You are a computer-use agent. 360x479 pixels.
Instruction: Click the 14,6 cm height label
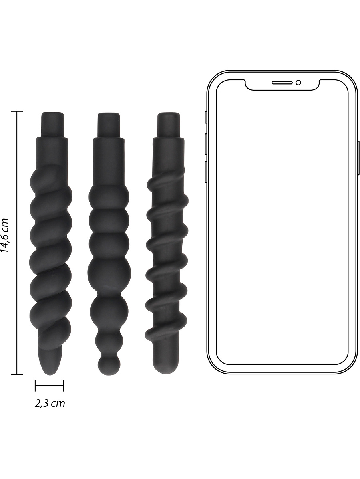5,235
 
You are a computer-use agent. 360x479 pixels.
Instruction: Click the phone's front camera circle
298,83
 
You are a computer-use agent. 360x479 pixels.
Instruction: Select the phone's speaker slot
282,83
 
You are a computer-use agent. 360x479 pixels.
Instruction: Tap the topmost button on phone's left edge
205,118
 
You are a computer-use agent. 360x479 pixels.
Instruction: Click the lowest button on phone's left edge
205,172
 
